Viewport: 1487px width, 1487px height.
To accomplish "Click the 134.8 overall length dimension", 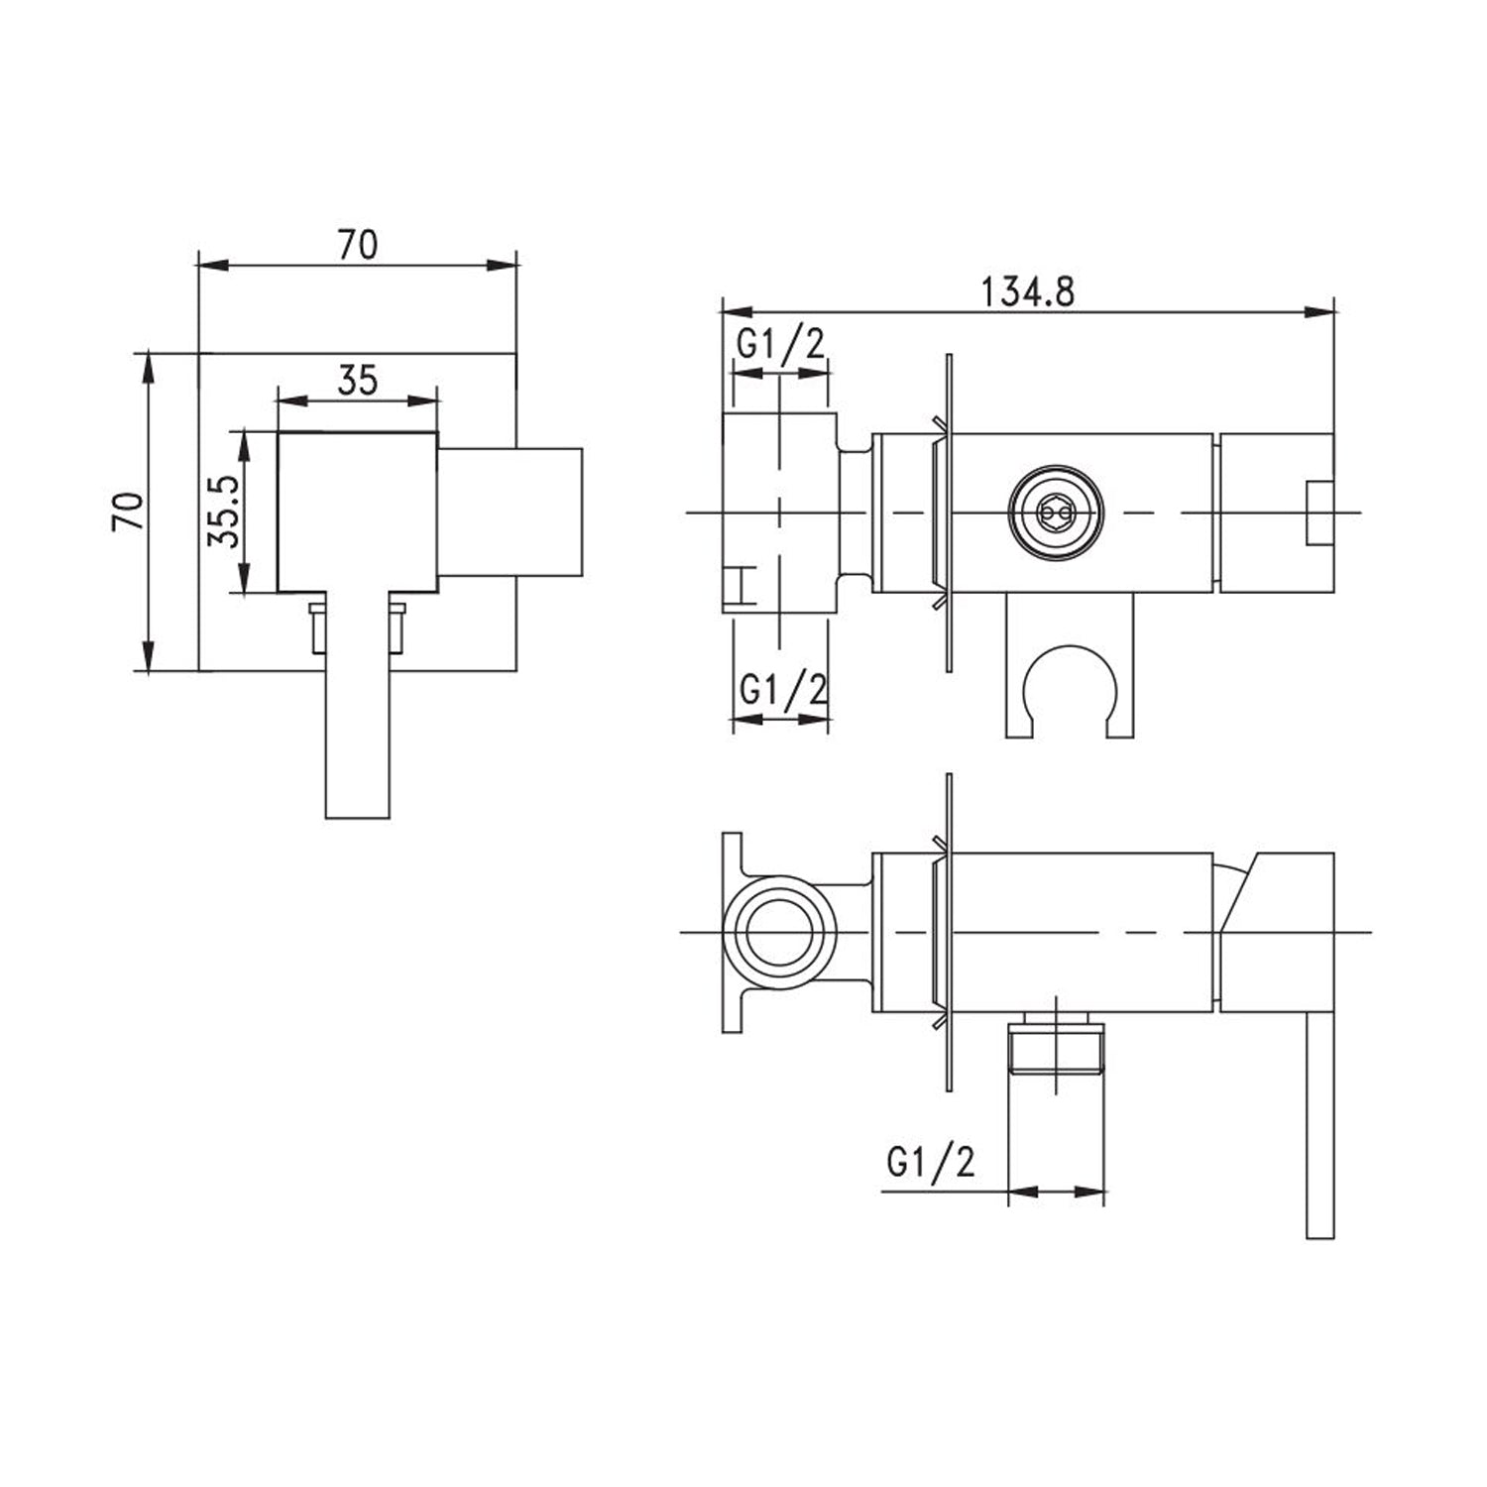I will pos(1027,292).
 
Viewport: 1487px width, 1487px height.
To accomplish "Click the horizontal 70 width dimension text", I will pos(358,244).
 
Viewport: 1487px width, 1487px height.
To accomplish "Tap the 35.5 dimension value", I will pos(222,513).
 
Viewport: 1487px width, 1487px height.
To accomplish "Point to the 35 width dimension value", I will pos(358,380).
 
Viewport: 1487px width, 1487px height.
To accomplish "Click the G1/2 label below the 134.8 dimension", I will pos(780,346).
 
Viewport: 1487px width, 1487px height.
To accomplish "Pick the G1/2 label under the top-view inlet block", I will pos(781,689).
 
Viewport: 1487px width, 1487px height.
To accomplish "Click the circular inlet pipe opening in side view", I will pos(780,933).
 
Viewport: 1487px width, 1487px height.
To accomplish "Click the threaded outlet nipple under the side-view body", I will pos(1056,1050).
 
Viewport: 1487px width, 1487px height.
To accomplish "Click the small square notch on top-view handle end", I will pos(1319,513).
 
